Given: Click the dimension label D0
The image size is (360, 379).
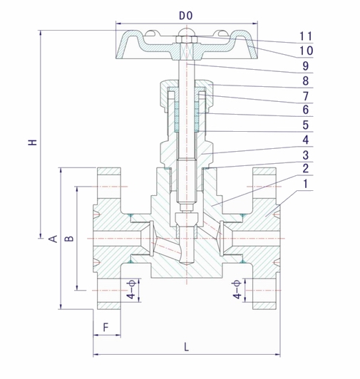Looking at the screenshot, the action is click(x=186, y=16).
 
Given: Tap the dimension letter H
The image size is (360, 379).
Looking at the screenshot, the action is click(x=32, y=142).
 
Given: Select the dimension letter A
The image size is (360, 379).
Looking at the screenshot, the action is click(x=53, y=239).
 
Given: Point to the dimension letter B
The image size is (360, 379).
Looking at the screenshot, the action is click(x=69, y=238).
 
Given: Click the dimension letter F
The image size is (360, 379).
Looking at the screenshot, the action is click(x=106, y=327).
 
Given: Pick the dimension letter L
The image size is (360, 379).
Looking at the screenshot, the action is click(x=186, y=347).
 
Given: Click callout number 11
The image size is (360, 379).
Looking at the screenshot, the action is click(x=306, y=36).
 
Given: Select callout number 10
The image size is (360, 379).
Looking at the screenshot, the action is click(x=306, y=51).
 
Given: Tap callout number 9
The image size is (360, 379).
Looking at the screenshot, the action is click(x=306, y=66).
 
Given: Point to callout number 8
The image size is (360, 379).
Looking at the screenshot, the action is click(x=306, y=81).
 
